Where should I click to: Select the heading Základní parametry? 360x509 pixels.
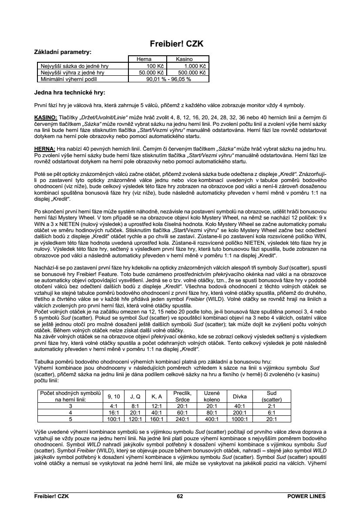click(x=63, y=52)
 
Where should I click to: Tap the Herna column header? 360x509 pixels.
click(x=144, y=59)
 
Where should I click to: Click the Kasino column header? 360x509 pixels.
click(x=184, y=59)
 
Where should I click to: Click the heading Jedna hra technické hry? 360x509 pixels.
click(x=70, y=93)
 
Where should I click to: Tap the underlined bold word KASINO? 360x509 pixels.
click(x=46, y=118)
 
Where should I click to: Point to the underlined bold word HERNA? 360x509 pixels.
click(x=44, y=148)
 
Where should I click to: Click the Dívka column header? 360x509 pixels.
click(x=240, y=396)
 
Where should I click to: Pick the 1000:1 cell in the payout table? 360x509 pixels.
click(x=240, y=419)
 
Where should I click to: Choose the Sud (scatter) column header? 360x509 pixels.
click(x=272, y=396)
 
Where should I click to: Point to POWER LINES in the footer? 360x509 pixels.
click(x=306, y=496)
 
